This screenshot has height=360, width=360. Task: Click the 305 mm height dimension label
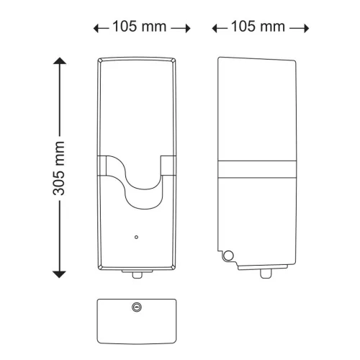click(x=59, y=168)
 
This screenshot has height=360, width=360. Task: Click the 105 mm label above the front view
click(x=139, y=27)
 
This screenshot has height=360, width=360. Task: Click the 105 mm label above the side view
click(x=258, y=27)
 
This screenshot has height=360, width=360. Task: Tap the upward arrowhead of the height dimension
click(x=60, y=60)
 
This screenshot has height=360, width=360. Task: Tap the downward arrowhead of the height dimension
click(x=59, y=274)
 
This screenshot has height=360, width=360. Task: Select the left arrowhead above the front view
click(x=96, y=29)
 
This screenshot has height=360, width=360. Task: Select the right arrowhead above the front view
click(x=188, y=29)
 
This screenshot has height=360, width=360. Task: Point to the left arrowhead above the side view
click(x=215, y=29)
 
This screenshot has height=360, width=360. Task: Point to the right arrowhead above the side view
click(x=307, y=29)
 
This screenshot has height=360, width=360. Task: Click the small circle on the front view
click(x=136, y=237)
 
